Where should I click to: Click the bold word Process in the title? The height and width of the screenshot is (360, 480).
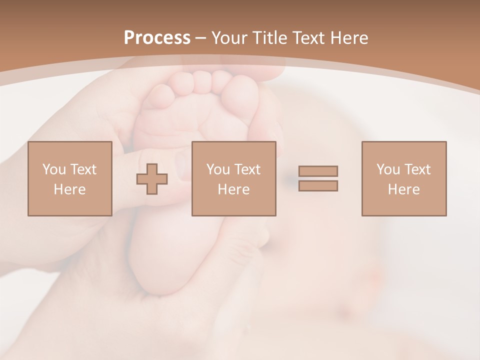157,38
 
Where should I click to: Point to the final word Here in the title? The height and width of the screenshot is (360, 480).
349,38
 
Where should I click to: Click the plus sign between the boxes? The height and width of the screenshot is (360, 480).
152,179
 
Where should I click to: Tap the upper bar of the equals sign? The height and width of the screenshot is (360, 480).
318,171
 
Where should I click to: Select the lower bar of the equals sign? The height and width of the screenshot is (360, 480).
318,185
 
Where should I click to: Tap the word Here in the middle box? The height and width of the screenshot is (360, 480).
233,189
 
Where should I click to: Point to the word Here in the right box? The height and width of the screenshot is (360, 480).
403,189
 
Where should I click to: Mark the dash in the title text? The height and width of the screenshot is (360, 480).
200,38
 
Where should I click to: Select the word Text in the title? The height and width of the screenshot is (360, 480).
308,38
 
